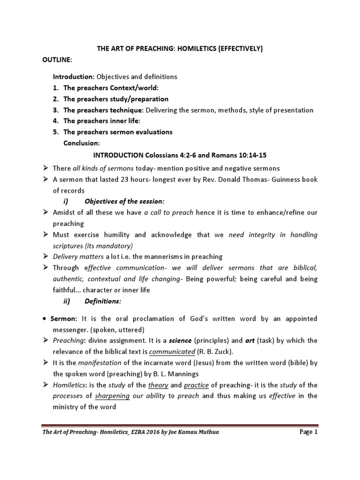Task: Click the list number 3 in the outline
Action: [55, 110]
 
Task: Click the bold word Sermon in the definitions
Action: [61, 319]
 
